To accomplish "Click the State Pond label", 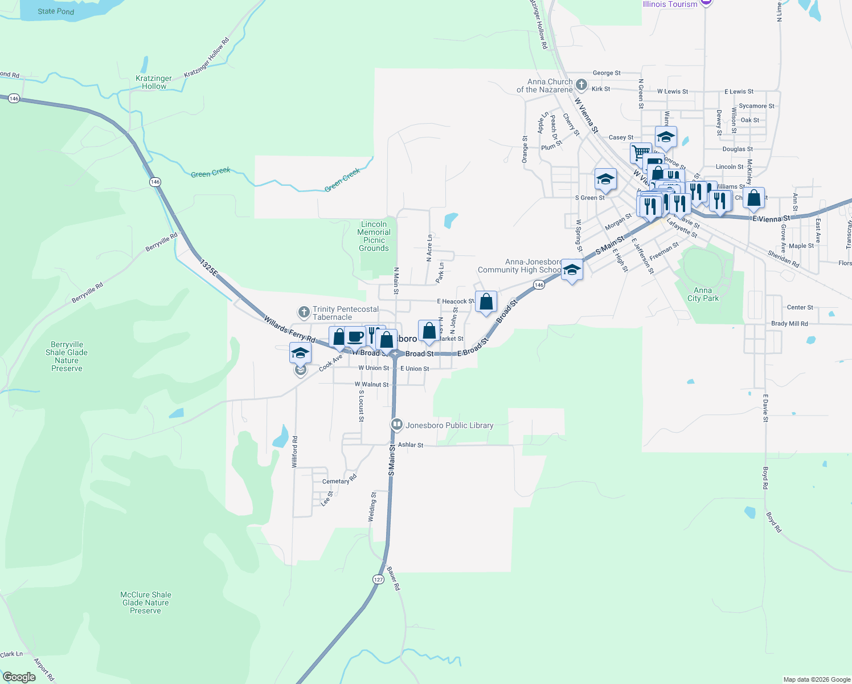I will tap(56, 11).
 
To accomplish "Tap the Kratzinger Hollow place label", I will tap(154, 83).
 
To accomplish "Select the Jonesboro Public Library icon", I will tap(397, 425).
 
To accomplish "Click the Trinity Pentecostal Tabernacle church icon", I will tap(304, 312).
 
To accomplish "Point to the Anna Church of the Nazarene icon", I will tap(581, 85).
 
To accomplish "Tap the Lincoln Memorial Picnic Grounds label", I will tap(374, 236).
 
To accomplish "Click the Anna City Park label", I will tap(703, 294).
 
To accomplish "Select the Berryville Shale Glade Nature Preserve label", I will tap(67, 356).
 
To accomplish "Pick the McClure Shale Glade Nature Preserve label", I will tap(145, 602).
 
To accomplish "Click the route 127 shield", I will tap(378, 579).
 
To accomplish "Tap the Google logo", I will tap(19, 677).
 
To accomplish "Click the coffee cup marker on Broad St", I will tap(355, 336).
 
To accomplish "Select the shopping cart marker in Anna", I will tap(641, 153).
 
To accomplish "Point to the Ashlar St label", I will tap(411, 445).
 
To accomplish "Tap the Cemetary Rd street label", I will tap(339, 481).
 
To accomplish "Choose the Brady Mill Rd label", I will tap(789, 324).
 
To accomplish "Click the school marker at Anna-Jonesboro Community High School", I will tap(572, 270).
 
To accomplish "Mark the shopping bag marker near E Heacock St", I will tap(486, 302).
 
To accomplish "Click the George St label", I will tap(607, 73).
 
